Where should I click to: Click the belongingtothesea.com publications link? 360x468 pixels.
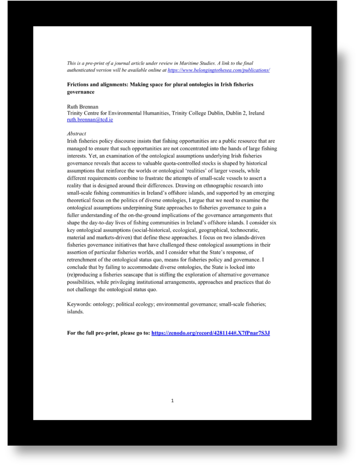click(219, 70)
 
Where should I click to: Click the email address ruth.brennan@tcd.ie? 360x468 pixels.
click(90, 120)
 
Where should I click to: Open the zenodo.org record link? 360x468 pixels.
click(210, 333)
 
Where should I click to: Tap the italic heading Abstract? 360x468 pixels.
click(76, 134)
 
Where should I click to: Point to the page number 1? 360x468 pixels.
click(172, 401)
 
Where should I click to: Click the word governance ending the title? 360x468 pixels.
click(81, 91)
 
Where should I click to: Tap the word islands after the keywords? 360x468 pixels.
click(75, 311)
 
